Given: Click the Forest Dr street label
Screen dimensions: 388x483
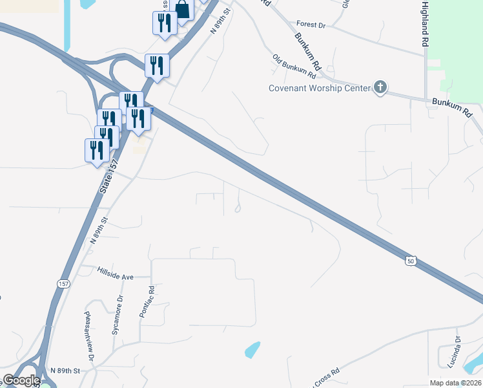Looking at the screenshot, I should [311, 25].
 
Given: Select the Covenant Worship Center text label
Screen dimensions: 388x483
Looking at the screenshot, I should [320, 88].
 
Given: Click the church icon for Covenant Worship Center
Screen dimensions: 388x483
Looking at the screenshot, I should [380, 87].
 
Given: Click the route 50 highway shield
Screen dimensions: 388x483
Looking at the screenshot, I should [411, 261].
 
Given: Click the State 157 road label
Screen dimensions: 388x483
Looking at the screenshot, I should [108, 176].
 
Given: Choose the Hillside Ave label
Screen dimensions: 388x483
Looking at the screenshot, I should [115, 276].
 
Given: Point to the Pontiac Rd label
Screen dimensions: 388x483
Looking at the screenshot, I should [147, 301].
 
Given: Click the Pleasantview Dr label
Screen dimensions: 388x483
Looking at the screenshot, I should [89, 338].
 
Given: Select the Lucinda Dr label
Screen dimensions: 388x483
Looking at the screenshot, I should [458, 349].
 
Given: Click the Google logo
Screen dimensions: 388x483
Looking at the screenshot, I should [21, 380].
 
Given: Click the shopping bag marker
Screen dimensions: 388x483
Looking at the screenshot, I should [183, 10].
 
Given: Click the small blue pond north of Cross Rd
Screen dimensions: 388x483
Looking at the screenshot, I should [253, 350].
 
